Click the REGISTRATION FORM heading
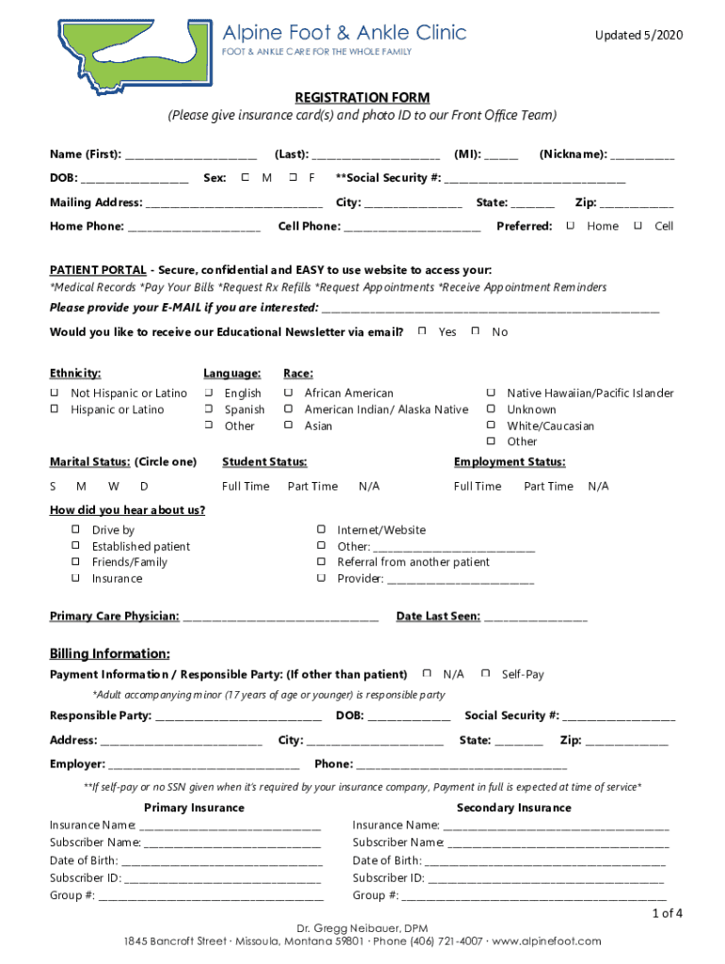362,98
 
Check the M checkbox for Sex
246,177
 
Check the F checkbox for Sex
294,177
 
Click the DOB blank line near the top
135,179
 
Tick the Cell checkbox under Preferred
639,226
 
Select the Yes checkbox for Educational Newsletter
423,331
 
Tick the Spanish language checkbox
209,410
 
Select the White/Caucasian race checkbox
491,426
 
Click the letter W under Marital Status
113,487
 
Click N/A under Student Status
369,487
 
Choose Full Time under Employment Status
477,487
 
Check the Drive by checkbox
75,530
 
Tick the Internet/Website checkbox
321,530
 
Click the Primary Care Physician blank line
281,618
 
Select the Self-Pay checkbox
486,674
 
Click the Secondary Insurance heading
513,808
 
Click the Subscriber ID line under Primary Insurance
222,879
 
